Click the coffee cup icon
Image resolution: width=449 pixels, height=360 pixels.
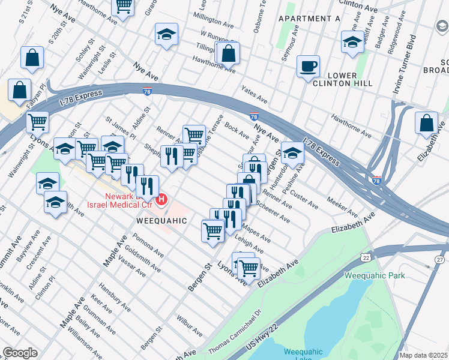point(308,67)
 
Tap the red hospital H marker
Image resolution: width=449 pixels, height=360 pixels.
point(161,199)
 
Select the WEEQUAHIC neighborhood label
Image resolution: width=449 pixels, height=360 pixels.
point(162,221)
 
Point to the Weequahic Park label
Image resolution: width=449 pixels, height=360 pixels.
point(375,275)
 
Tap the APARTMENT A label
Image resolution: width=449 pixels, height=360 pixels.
point(309,19)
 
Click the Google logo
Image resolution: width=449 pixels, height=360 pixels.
point(20,353)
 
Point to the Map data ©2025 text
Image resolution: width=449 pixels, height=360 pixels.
point(424,355)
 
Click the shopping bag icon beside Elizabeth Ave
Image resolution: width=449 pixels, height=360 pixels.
point(426,123)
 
